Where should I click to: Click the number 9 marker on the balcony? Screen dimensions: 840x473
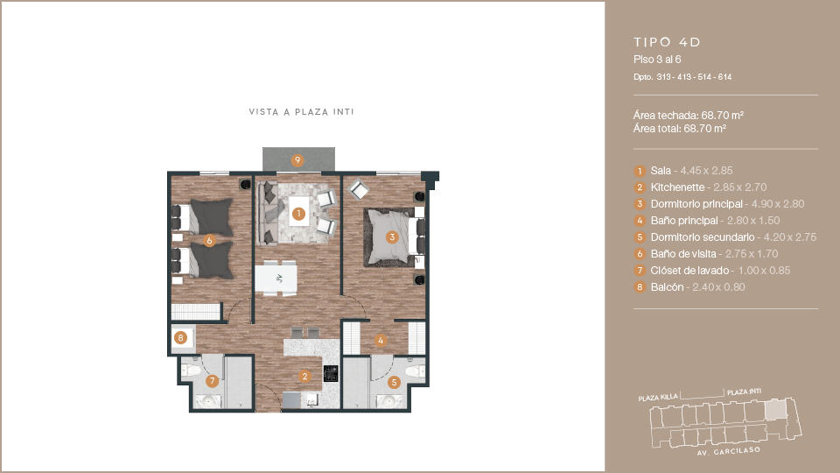[x=297, y=159]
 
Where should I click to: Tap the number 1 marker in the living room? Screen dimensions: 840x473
[x=298, y=214]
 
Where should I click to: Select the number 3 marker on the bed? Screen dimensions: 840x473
[x=392, y=237]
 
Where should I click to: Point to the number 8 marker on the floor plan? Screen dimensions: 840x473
[x=180, y=338]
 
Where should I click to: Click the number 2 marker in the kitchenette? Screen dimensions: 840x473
[x=304, y=377]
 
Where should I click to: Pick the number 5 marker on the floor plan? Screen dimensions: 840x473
[x=395, y=383]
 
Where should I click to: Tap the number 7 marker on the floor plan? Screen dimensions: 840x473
[x=212, y=381]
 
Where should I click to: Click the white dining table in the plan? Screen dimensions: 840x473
[x=276, y=279]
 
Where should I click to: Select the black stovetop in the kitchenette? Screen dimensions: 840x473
[x=331, y=373]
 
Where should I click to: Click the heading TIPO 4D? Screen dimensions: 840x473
[x=667, y=42]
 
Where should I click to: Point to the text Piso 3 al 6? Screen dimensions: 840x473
[x=657, y=60]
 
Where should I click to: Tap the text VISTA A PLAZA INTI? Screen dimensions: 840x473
[x=302, y=111]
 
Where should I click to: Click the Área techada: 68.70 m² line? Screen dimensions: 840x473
[x=689, y=116]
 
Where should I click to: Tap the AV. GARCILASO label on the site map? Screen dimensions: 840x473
[x=729, y=452]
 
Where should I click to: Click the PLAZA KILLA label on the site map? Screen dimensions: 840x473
[x=658, y=398]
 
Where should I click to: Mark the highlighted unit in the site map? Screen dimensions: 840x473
[x=776, y=410]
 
